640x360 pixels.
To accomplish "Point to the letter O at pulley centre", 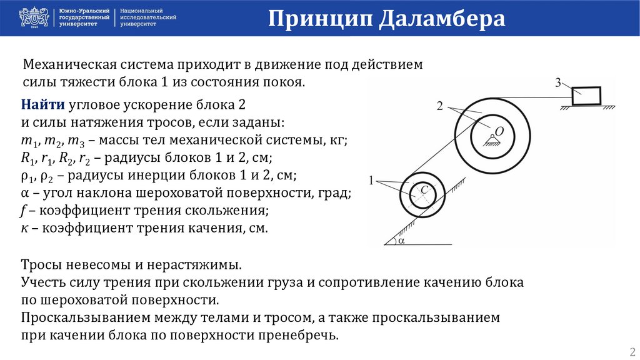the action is [x=499, y=131].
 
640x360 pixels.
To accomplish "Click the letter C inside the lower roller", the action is [x=424, y=189].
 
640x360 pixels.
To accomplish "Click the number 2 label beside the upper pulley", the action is [x=440, y=107].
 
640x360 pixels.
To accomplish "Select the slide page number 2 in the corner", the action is [x=631, y=350].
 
